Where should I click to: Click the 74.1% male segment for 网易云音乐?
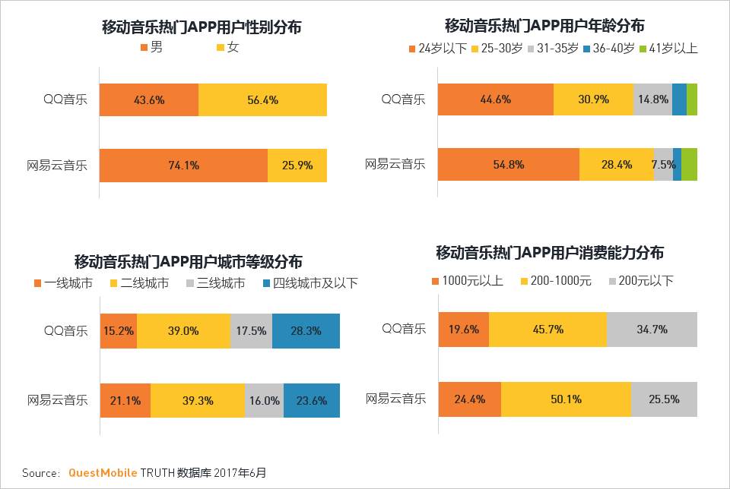coord(183,166)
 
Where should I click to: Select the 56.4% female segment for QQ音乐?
coord(262,100)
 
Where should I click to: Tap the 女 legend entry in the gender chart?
coord(228,47)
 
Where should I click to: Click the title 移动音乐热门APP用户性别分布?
coord(202,27)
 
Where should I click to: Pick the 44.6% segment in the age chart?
coord(495,99)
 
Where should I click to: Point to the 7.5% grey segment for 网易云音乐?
coord(663,165)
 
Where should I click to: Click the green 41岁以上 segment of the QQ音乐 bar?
coord(692,99)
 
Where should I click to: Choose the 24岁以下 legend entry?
coord(437,49)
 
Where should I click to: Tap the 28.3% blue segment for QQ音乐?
coord(306,331)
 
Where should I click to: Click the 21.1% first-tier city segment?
coord(125,400)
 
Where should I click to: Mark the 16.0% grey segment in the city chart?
coord(264,400)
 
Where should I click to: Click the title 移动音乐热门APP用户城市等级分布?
coord(188,262)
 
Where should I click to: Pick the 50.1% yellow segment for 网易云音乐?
coord(566,399)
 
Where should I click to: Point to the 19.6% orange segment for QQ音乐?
coord(463,330)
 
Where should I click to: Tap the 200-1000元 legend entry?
coord(557,281)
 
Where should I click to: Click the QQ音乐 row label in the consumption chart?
coord(403,329)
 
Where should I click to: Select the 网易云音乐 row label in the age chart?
coord(395,164)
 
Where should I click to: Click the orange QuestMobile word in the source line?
coord(103,472)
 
